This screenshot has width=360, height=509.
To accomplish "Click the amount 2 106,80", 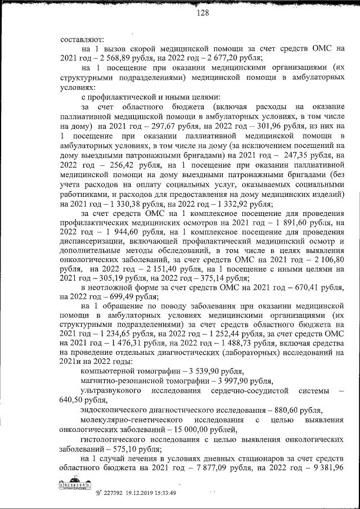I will pyautogui.click(x=328, y=260).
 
